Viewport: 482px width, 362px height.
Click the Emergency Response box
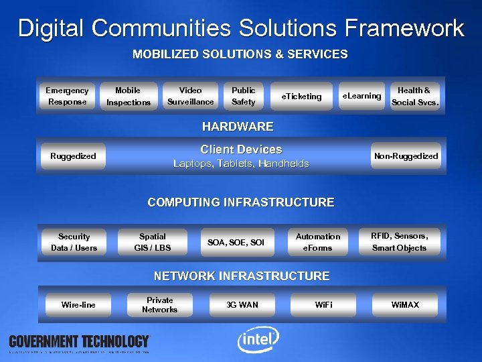point(66,96)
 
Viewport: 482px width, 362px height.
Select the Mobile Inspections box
point(128,96)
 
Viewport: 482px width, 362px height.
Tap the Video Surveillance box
point(191,96)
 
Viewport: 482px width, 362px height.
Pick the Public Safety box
point(243,96)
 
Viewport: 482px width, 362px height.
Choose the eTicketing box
point(301,96)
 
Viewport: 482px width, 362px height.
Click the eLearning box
point(361,96)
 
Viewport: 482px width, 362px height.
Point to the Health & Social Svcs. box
point(414,96)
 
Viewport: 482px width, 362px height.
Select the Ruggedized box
point(73,156)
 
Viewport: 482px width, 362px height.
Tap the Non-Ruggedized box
point(406,156)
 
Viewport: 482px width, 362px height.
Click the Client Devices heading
point(241,149)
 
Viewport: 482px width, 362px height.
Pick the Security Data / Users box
point(74,242)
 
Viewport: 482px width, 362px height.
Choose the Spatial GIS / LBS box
point(152,242)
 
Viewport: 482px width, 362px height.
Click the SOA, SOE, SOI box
point(236,242)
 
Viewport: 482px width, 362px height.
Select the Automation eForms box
point(318,242)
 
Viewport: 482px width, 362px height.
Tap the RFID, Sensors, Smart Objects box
point(400,242)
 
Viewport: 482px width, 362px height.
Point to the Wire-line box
point(78,305)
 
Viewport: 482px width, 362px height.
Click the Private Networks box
point(159,305)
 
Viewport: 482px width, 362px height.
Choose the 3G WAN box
point(242,305)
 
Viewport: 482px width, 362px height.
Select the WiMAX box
point(405,305)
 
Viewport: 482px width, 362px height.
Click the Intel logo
point(258,341)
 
